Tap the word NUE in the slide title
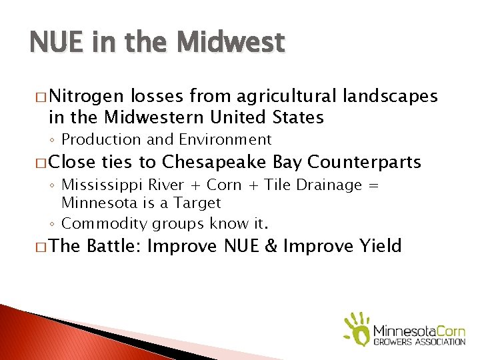click(x=56, y=43)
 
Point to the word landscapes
click(x=390, y=97)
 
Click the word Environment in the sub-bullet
click(x=225, y=139)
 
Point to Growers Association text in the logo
click(x=419, y=342)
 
